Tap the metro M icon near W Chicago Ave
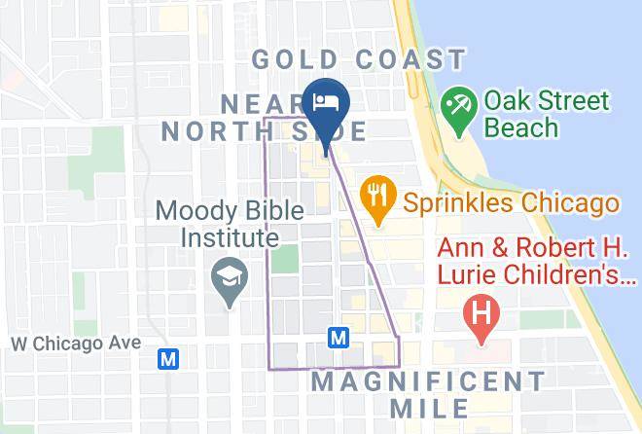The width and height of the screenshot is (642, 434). pyautogui.click(x=169, y=359)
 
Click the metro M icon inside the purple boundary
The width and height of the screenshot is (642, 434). pyautogui.click(x=339, y=337)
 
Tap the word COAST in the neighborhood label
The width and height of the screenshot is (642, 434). pyautogui.click(x=411, y=60)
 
